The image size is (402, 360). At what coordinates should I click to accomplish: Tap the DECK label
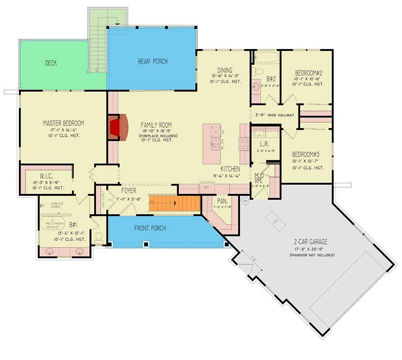[51, 63]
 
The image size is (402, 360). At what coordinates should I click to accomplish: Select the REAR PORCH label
[153, 61]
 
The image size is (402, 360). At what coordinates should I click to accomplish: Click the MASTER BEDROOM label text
[63, 123]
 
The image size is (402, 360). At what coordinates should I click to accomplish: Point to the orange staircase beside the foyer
[175, 205]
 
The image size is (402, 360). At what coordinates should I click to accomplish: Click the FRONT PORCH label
[150, 228]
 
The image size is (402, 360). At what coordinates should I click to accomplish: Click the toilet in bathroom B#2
[260, 72]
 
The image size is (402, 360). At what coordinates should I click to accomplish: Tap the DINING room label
[225, 70]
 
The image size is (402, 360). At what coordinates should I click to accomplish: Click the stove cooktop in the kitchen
[244, 144]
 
